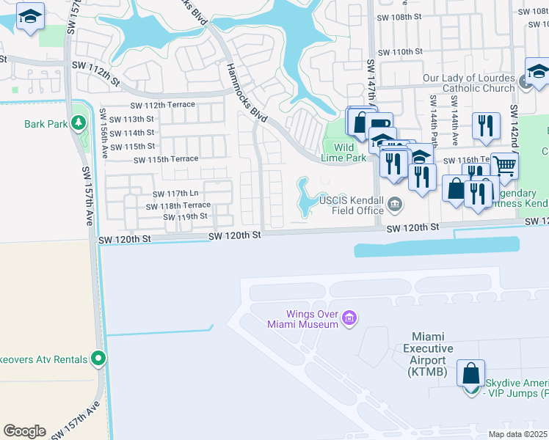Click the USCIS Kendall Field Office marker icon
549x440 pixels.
pyautogui.click(x=396, y=205)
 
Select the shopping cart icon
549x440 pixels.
pyautogui.click(x=504, y=166)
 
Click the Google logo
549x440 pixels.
pyautogui.click(x=24, y=431)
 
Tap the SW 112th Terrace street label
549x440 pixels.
pyautogui.click(x=164, y=105)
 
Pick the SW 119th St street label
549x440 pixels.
pyautogui.click(x=185, y=217)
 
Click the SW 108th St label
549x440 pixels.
pyautogui.click(x=400, y=15)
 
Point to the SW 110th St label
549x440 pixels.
pyautogui.click(x=400, y=52)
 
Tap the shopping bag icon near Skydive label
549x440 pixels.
pyautogui.click(x=470, y=373)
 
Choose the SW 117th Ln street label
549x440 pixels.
pyautogui.click(x=175, y=194)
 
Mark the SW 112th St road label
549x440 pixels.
pyautogui.click(x=95, y=67)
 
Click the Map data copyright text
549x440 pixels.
pyautogui.click(x=517, y=434)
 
